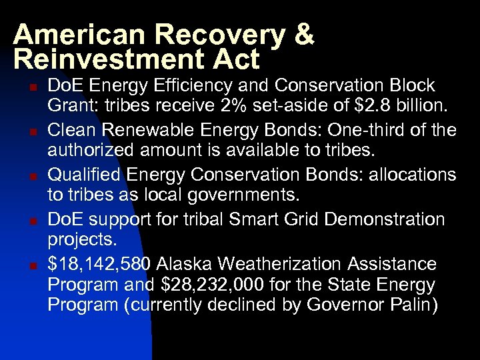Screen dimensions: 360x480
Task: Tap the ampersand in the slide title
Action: [x=301, y=35]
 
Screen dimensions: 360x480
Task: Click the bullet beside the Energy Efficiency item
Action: [x=31, y=87]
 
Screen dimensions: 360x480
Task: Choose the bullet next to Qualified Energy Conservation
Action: [x=31, y=176]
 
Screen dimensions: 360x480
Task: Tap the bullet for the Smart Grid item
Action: [x=31, y=221]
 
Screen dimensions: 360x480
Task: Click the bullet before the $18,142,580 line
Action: [x=31, y=265]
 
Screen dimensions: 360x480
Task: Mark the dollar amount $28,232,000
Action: [x=214, y=285]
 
